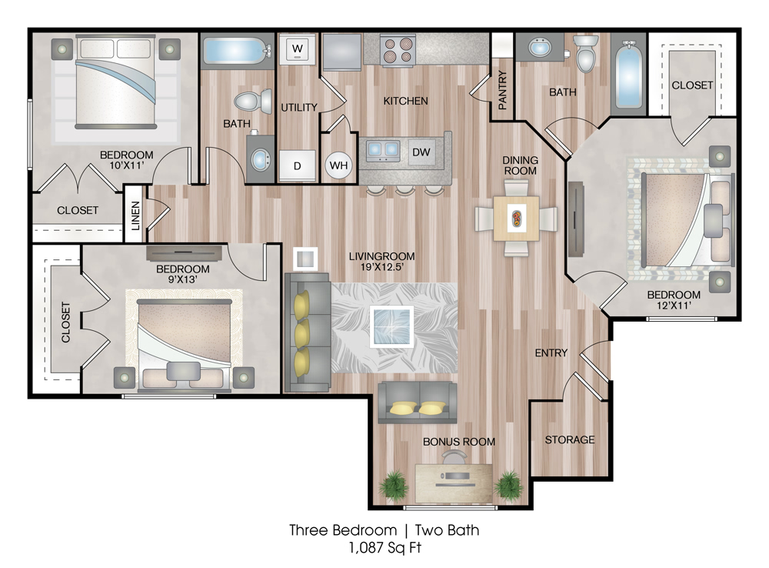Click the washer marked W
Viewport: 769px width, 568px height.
298,49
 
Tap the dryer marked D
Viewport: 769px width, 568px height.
297,166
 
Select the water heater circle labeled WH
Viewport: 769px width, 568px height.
339,165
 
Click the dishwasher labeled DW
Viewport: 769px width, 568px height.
421,152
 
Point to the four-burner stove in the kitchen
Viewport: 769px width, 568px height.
398,49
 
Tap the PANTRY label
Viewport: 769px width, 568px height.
502,90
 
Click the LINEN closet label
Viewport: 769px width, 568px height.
135,216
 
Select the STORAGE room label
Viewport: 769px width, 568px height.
569,440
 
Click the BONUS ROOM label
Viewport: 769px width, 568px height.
459,442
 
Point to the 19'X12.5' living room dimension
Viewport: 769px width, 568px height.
381,267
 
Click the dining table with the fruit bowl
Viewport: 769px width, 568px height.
517,219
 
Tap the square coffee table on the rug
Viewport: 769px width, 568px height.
391,326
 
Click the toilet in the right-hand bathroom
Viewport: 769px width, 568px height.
585,53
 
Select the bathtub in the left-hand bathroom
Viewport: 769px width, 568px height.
235,51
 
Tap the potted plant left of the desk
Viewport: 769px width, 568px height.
393,485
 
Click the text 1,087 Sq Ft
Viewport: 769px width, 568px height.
385,547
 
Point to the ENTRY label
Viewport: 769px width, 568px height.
551,353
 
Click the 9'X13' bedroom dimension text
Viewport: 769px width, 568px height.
183,280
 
